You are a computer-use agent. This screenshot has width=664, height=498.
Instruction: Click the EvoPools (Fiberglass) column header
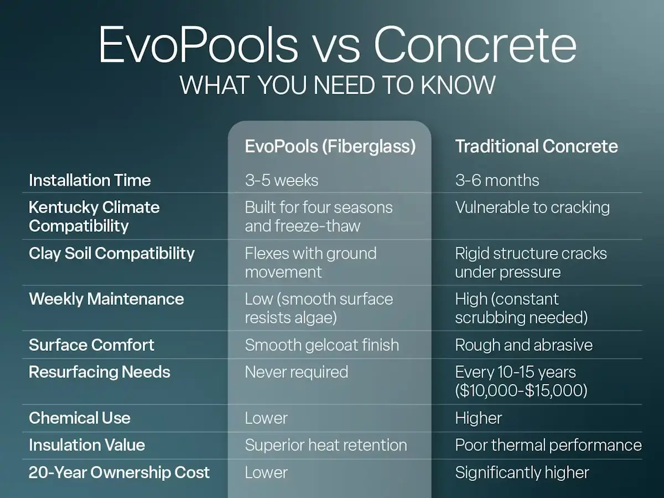(x=330, y=146)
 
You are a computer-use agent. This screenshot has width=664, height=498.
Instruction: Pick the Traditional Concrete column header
(x=536, y=146)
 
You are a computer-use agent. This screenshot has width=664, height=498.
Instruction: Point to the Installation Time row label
(x=90, y=180)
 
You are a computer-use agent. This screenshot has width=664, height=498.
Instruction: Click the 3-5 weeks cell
(x=281, y=180)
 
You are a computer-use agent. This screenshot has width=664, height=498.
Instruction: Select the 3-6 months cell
(x=497, y=180)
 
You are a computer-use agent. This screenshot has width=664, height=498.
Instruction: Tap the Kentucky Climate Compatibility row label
(x=94, y=216)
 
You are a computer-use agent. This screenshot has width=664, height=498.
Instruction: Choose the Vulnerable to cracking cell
(x=532, y=207)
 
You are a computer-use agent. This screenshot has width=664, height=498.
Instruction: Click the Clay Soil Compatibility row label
(x=112, y=253)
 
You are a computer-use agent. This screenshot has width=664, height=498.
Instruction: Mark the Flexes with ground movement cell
(x=310, y=262)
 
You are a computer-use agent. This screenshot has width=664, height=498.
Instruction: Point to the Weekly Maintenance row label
(x=106, y=299)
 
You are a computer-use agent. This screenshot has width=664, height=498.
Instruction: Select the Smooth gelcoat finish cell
(x=321, y=345)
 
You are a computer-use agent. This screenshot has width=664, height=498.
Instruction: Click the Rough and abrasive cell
(x=523, y=345)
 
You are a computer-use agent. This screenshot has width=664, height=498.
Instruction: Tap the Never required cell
(x=297, y=372)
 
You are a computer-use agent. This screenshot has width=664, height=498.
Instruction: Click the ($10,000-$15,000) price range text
(x=521, y=390)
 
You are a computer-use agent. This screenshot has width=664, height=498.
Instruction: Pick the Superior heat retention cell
(x=325, y=445)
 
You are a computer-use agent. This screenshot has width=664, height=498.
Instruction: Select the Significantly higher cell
(x=522, y=473)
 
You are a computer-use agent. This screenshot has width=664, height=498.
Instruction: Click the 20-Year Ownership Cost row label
(x=119, y=473)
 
